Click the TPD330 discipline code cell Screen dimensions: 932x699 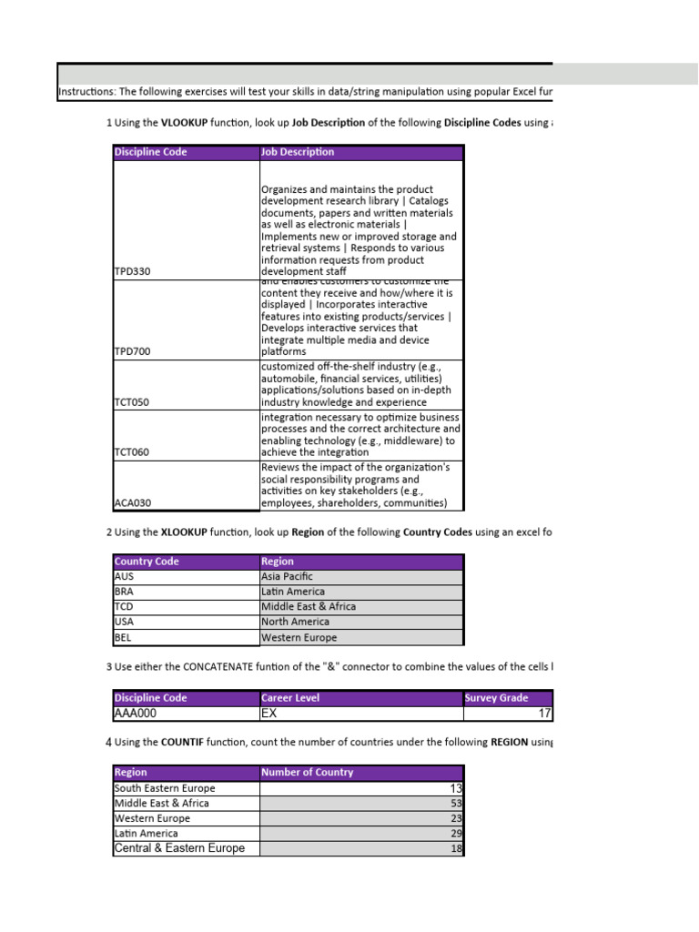coord(132,271)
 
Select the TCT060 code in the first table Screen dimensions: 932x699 coord(132,451)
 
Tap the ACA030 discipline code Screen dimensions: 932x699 coord(132,502)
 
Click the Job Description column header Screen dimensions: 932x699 coord(298,152)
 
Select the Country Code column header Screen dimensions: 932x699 coord(147,562)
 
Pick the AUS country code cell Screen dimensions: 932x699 coord(124,576)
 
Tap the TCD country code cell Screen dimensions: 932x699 coord(124,606)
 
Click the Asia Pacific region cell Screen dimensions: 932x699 coord(287,576)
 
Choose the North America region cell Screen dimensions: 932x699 coord(295,622)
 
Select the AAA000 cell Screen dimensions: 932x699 coord(141,714)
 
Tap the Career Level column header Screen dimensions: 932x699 coord(290,698)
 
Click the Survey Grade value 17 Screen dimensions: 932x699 coord(544,714)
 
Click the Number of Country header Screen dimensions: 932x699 coord(307,773)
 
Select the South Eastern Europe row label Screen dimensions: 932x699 coord(165,788)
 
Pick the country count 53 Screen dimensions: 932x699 coord(456,804)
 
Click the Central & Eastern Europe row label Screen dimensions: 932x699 coord(179,848)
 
